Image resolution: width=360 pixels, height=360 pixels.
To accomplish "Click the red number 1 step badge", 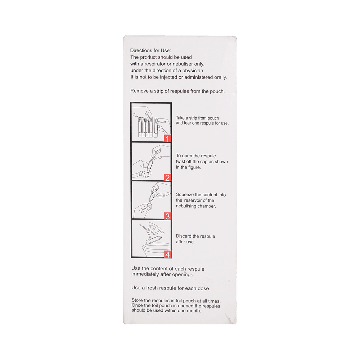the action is [x=167, y=138].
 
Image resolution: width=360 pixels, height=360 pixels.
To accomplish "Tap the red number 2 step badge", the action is [x=167, y=177].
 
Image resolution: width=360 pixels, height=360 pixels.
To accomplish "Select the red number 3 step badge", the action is [x=167, y=216].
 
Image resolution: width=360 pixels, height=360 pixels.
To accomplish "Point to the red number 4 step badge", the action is [x=167, y=254].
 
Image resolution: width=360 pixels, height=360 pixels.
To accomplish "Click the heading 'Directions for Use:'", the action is [x=150, y=50].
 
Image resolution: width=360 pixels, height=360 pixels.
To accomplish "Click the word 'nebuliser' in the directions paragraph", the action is [x=183, y=64].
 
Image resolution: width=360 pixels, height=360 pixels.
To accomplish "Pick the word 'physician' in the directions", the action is [x=193, y=71].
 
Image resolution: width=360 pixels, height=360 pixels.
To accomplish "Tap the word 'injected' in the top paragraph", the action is [x=168, y=77].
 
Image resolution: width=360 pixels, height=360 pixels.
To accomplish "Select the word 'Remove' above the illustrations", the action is [x=139, y=91].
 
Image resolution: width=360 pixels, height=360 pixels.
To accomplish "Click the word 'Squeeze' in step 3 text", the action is [x=185, y=195].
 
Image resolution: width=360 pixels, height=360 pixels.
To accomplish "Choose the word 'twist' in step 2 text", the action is [x=180, y=161].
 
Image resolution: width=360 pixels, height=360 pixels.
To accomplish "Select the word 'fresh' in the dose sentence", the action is [x=152, y=288].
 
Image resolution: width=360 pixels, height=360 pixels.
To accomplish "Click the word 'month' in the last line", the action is [x=194, y=311].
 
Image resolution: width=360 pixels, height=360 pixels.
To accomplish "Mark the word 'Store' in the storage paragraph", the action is [x=137, y=301].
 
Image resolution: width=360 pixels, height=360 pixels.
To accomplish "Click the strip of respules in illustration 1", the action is [x=145, y=127].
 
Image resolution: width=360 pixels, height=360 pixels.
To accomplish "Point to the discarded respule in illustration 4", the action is [x=154, y=240].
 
